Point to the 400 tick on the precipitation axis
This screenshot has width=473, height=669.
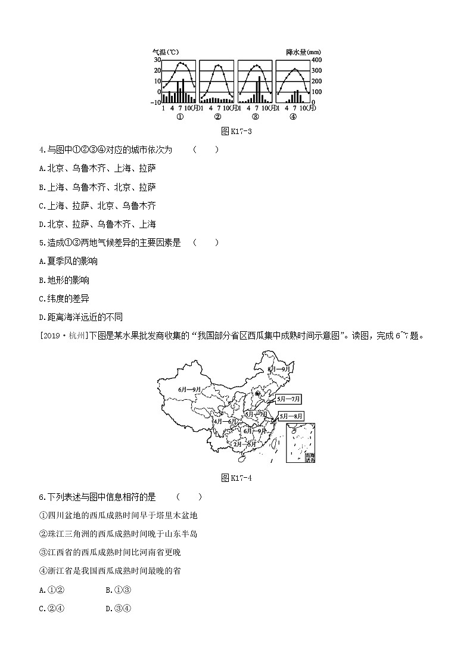(x=315, y=60)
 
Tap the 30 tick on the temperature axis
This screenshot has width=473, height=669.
(x=157, y=60)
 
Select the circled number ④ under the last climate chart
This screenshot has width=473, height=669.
(x=293, y=117)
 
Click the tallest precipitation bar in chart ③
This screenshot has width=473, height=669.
(x=258, y=89)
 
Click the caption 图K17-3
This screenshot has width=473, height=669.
(x=236, y=132)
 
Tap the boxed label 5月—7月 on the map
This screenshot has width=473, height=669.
(x=289, y=399)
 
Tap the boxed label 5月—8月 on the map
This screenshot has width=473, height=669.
(x=291, y=416)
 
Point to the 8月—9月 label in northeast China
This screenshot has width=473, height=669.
(x=279, y=369)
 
